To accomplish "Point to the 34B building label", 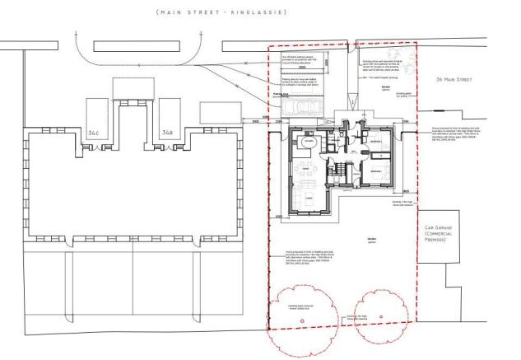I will [x=167, y=132].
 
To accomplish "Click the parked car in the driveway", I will [x=296, y=109].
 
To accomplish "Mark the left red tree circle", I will [x=301, y=314].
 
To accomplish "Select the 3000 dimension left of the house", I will [x=256, y=121].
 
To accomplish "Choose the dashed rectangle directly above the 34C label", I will [x=92, y=110].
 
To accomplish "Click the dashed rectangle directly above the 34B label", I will [x=169, y=110].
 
